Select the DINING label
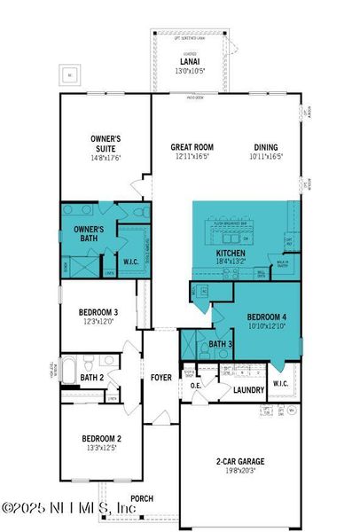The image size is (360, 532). click(266, 147)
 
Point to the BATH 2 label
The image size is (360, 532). click(91, 378)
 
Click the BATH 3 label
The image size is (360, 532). click(221, 344)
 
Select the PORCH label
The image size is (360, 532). click(142, 498)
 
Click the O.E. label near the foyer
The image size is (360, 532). click(196, 385)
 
